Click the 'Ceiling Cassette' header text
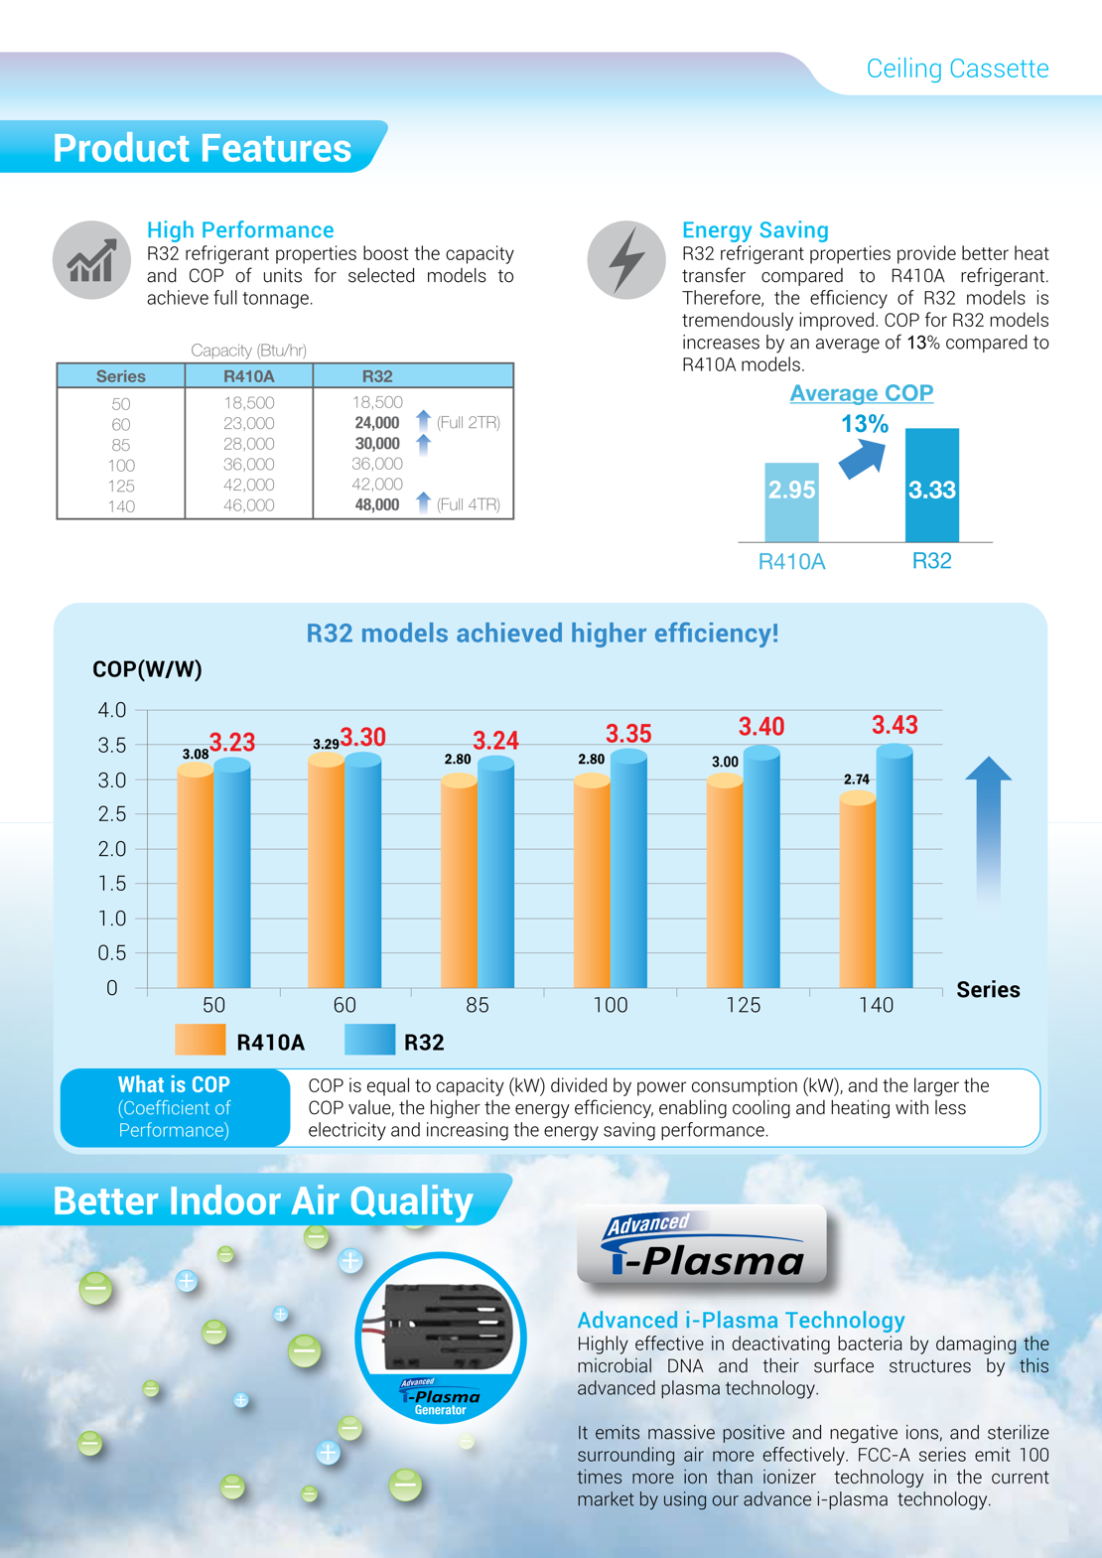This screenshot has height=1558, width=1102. (x=957, y=69)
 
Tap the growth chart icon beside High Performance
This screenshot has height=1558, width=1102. (x=91, y=260)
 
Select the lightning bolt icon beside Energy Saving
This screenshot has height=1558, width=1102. (x=625, y=260)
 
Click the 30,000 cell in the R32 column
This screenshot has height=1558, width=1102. (x=377, y=444)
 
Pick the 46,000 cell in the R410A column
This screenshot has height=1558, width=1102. (x=248, y=505)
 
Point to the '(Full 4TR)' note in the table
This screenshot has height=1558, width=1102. (x=468, y=504)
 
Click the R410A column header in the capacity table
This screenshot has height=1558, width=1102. (x=248, y=376)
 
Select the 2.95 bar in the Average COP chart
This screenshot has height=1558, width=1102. (x=791, y=501)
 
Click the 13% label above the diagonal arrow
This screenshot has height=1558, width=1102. (x=865, y=424)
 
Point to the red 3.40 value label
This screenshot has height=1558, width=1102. (x=761, y=727)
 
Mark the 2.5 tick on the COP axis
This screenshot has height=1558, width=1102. (x=112, y=814)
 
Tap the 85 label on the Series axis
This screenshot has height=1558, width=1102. (x=478, y=1005)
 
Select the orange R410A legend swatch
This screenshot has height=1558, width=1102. (x=201, y=1041)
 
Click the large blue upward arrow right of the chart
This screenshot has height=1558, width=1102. (x=989, y=829)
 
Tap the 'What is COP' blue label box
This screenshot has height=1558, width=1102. (x=175, y=1107)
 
